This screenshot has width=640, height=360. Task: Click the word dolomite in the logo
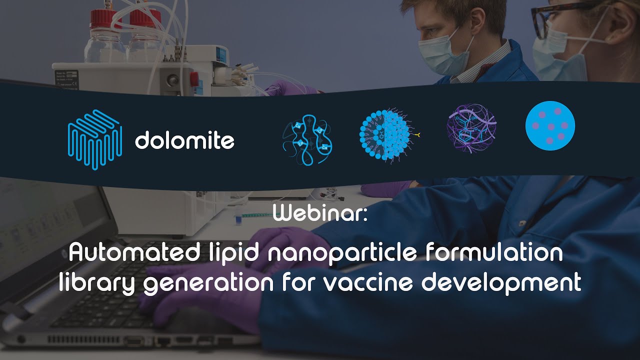[x=184, y=140]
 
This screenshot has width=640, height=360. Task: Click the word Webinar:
[x=320, y=214]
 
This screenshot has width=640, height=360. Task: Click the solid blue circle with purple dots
[x=550, y=125]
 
